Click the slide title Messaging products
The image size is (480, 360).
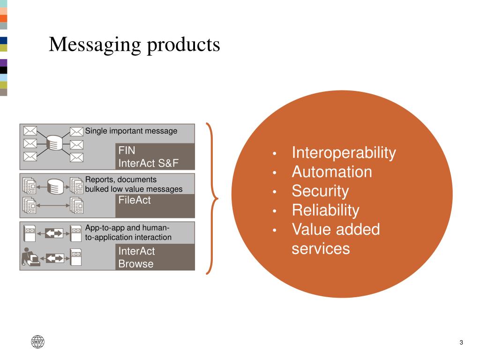(134, 45)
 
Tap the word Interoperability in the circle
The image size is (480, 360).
(344, 153)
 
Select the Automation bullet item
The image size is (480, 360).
(332, 172)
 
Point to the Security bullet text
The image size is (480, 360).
(320, 191)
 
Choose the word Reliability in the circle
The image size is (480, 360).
(325, 210)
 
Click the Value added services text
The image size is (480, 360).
(335, 239)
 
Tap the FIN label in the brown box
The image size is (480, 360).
(127, 151)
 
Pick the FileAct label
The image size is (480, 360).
(135, 201)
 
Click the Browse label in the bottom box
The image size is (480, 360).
(135, 264)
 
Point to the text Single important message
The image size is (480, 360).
(131, 131)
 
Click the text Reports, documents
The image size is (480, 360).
(121, 180)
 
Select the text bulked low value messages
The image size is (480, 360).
(134, 189)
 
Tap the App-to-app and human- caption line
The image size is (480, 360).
(127, 228)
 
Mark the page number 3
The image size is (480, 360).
(461, 342)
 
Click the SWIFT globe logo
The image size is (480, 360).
(37, 342)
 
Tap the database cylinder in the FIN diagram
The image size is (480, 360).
(55, 142)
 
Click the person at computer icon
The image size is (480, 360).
(30, 257)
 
